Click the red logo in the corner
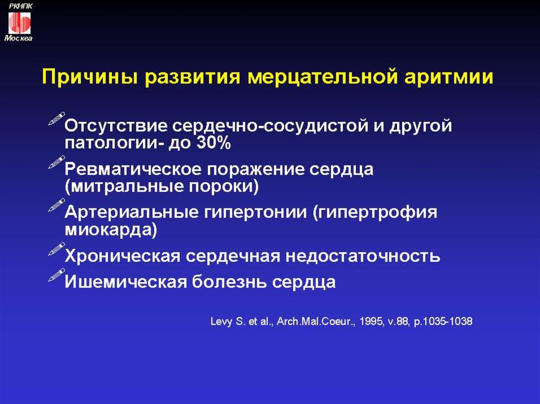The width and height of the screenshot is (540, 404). tap(20, 23)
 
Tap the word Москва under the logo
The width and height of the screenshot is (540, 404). tap(18, 38)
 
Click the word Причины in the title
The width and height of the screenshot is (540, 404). tap(90, 77)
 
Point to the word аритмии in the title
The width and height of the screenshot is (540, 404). tap(448, 77)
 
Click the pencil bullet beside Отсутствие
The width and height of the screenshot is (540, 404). tap(56, 119)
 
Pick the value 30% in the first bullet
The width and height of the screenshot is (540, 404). tap(213, 142)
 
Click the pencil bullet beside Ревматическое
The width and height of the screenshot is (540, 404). tap(56, 162)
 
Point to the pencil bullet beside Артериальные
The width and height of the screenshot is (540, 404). tap(56, 205)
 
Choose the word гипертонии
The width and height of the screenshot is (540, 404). tap(255, 212)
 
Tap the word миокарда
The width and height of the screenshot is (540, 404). tap(111, 229)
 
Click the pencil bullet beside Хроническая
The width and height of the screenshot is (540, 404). tap(56, 249)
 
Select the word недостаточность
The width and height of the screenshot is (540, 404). tap(363, 256)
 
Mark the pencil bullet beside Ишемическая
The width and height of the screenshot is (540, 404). tap(56, 275)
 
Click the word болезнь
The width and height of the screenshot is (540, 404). tap(229, 282)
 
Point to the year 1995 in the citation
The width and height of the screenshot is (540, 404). tap(371, 321)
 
